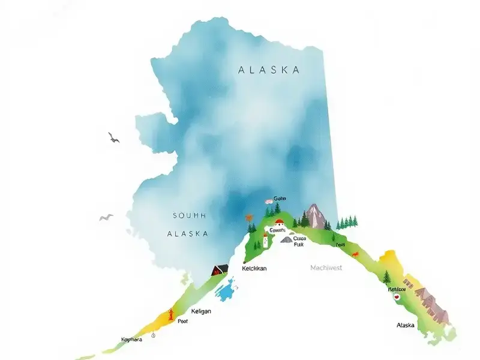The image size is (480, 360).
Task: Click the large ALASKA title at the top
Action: pyautogui.click(x=269, y=70)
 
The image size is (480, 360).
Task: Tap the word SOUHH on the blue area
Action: pyautogui.click(x=189, y=215)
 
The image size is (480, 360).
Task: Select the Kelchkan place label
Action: pyautogui.click(x=253, y=269)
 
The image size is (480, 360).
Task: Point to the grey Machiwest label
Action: pyautogui.click(x=326, y=268)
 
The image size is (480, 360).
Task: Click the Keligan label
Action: pyautogui.click(x=201, y=311)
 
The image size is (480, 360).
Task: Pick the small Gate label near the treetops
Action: pyautogui.click(x=280, y=198)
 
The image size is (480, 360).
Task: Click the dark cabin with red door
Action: pyautogui.click(x=220, y=269)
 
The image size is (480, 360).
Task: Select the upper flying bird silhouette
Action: pyautogui.click(x=113, y=138)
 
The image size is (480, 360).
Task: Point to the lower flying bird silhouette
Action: pyautogui.click(x=106, y=217)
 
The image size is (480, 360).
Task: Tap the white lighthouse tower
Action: pyautogui.click(x=265, y=242)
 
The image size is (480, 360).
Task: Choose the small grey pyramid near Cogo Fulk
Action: pyautogui.click(x=287, y=239)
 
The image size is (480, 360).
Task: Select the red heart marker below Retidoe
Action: pyautogui.click(x=395, y=296)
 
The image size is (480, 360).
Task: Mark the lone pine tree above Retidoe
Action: pyautogui.click(x=387, y=277)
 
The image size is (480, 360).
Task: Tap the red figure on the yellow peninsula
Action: pyautogui.click(x=170, y=314)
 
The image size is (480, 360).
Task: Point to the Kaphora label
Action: pyautogui.click(x=133, y=339)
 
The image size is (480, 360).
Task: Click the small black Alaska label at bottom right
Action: pyautogui.click(x=406, y=325)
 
